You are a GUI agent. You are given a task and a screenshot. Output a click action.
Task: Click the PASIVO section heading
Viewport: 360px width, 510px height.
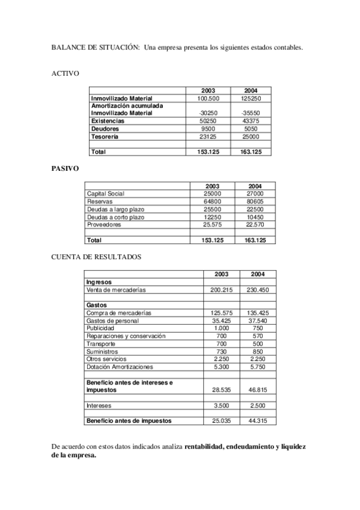(64, 168)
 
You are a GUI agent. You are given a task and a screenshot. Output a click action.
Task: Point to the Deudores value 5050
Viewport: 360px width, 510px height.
(250, 129)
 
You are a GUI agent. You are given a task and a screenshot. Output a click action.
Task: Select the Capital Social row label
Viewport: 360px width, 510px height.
(105, 194)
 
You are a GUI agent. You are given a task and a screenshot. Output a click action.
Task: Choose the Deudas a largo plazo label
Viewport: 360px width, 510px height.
(115, 209)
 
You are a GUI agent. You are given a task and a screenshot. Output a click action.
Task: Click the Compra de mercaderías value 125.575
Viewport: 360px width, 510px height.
(221, 313)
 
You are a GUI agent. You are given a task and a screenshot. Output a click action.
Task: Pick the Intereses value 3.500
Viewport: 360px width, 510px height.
(221, 406)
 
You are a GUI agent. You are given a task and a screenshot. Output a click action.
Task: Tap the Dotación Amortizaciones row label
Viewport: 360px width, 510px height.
(120, 367)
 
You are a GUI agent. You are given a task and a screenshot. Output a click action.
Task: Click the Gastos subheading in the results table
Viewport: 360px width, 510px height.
(97, 305)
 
